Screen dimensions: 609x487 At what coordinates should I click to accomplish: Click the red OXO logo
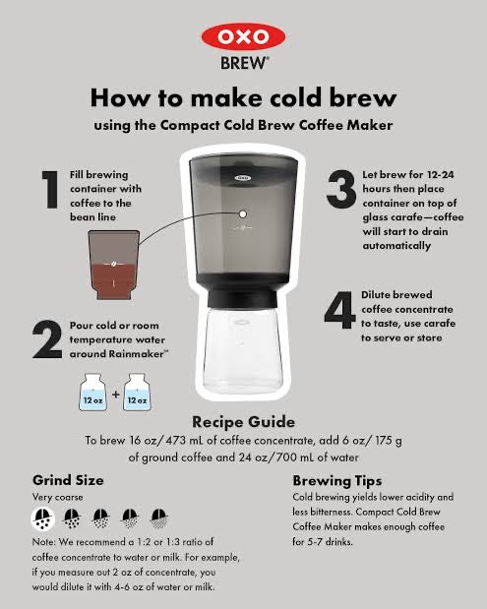point(243,36)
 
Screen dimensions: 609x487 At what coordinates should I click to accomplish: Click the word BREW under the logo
point(244,62)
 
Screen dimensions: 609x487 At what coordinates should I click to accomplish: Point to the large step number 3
point(340,187)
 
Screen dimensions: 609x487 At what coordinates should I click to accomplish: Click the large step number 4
point(339,311)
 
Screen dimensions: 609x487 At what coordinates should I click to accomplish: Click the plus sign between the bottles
point(115,395)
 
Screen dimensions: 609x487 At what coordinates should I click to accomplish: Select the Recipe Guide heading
point(243,423)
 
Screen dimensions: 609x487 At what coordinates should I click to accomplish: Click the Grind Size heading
point(68,481)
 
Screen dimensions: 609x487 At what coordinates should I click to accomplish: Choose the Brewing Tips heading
point(336,481)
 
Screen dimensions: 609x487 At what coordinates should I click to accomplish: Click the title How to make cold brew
point(243,98)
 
